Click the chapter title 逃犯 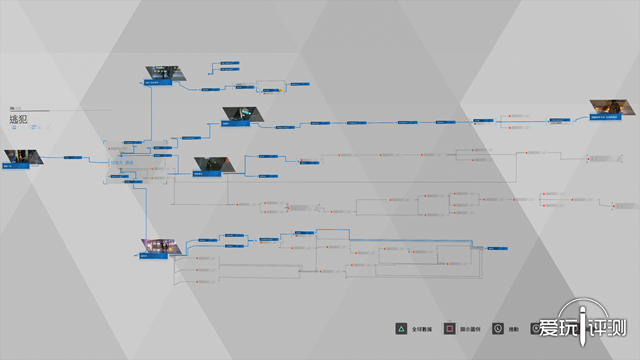point(19,118)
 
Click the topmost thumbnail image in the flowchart point(163,74)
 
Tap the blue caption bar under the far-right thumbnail point(603,117)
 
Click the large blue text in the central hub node point(123,163)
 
